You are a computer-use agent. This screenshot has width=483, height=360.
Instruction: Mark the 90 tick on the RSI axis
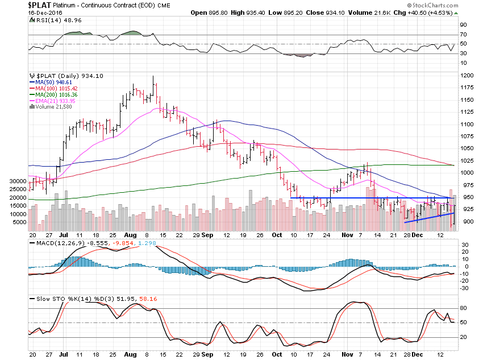coord(463,25)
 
